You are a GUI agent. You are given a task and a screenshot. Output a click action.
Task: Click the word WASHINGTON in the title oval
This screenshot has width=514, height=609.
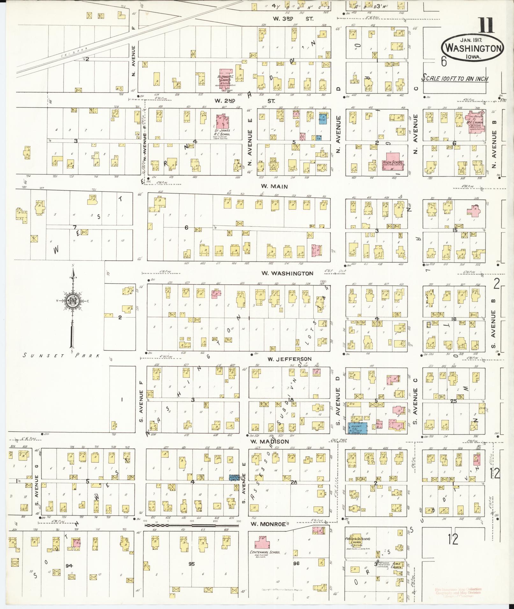(473, 48)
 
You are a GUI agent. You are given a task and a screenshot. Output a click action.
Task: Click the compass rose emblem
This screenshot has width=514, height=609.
(73, 300)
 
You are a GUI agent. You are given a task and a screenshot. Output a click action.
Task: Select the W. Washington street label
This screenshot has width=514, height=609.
(287, 273)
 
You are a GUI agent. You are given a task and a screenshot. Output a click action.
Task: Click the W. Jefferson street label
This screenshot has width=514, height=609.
(289, 359)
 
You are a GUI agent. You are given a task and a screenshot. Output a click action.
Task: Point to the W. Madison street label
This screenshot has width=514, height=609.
(270, 442)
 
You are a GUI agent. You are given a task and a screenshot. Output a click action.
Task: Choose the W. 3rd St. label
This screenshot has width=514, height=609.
(293, 19)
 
